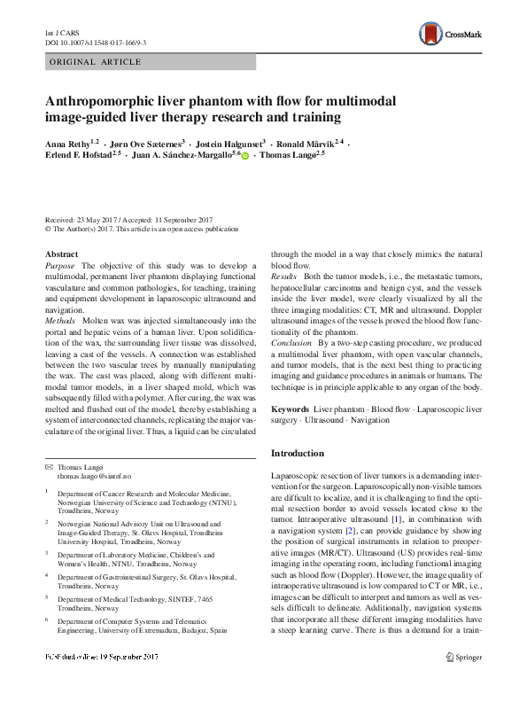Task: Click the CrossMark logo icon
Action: (x=430, y=34)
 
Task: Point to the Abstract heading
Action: (x=61, y=254)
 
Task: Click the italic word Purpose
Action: (x=60, y=265)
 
